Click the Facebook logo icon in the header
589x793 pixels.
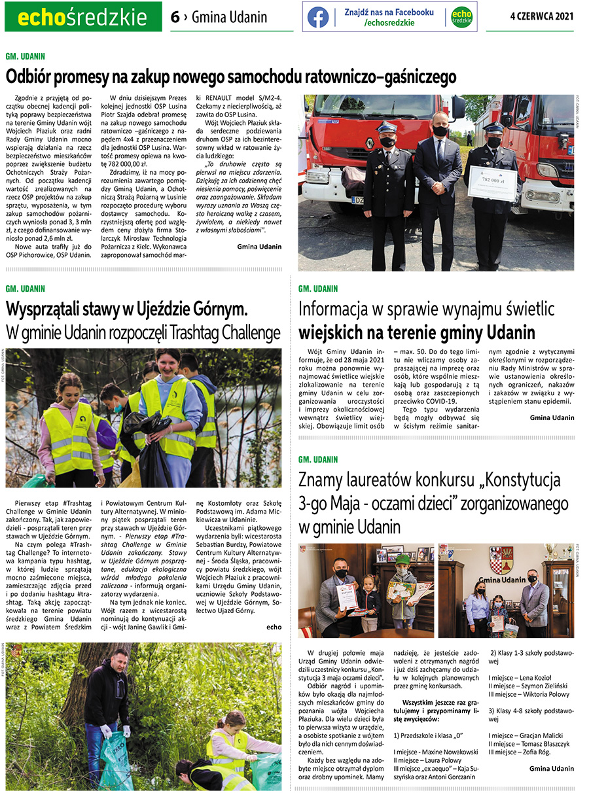coord(318,17)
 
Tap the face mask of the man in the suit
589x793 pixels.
coord(440,131)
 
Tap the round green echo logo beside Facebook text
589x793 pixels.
coord(461,17)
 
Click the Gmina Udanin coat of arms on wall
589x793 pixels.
coord(501,560)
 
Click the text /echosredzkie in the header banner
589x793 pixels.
coord(389,23)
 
